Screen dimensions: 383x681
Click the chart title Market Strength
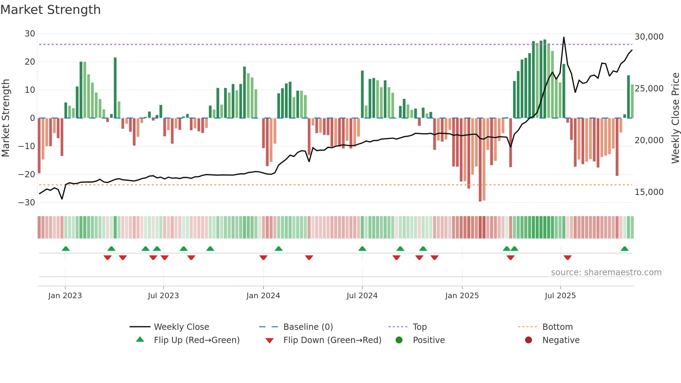50,10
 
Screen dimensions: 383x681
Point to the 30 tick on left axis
30,34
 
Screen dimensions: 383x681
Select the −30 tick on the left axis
27,203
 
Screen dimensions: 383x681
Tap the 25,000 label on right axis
649,89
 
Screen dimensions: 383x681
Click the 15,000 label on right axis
649,192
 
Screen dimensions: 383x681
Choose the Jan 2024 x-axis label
263,296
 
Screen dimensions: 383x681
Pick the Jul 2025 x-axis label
560,296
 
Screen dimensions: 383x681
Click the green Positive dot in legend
399,340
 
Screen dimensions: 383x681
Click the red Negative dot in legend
528,340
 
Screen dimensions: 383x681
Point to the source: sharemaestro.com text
606,272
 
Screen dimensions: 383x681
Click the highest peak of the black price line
564,37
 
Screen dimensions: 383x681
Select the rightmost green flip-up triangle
624,248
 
